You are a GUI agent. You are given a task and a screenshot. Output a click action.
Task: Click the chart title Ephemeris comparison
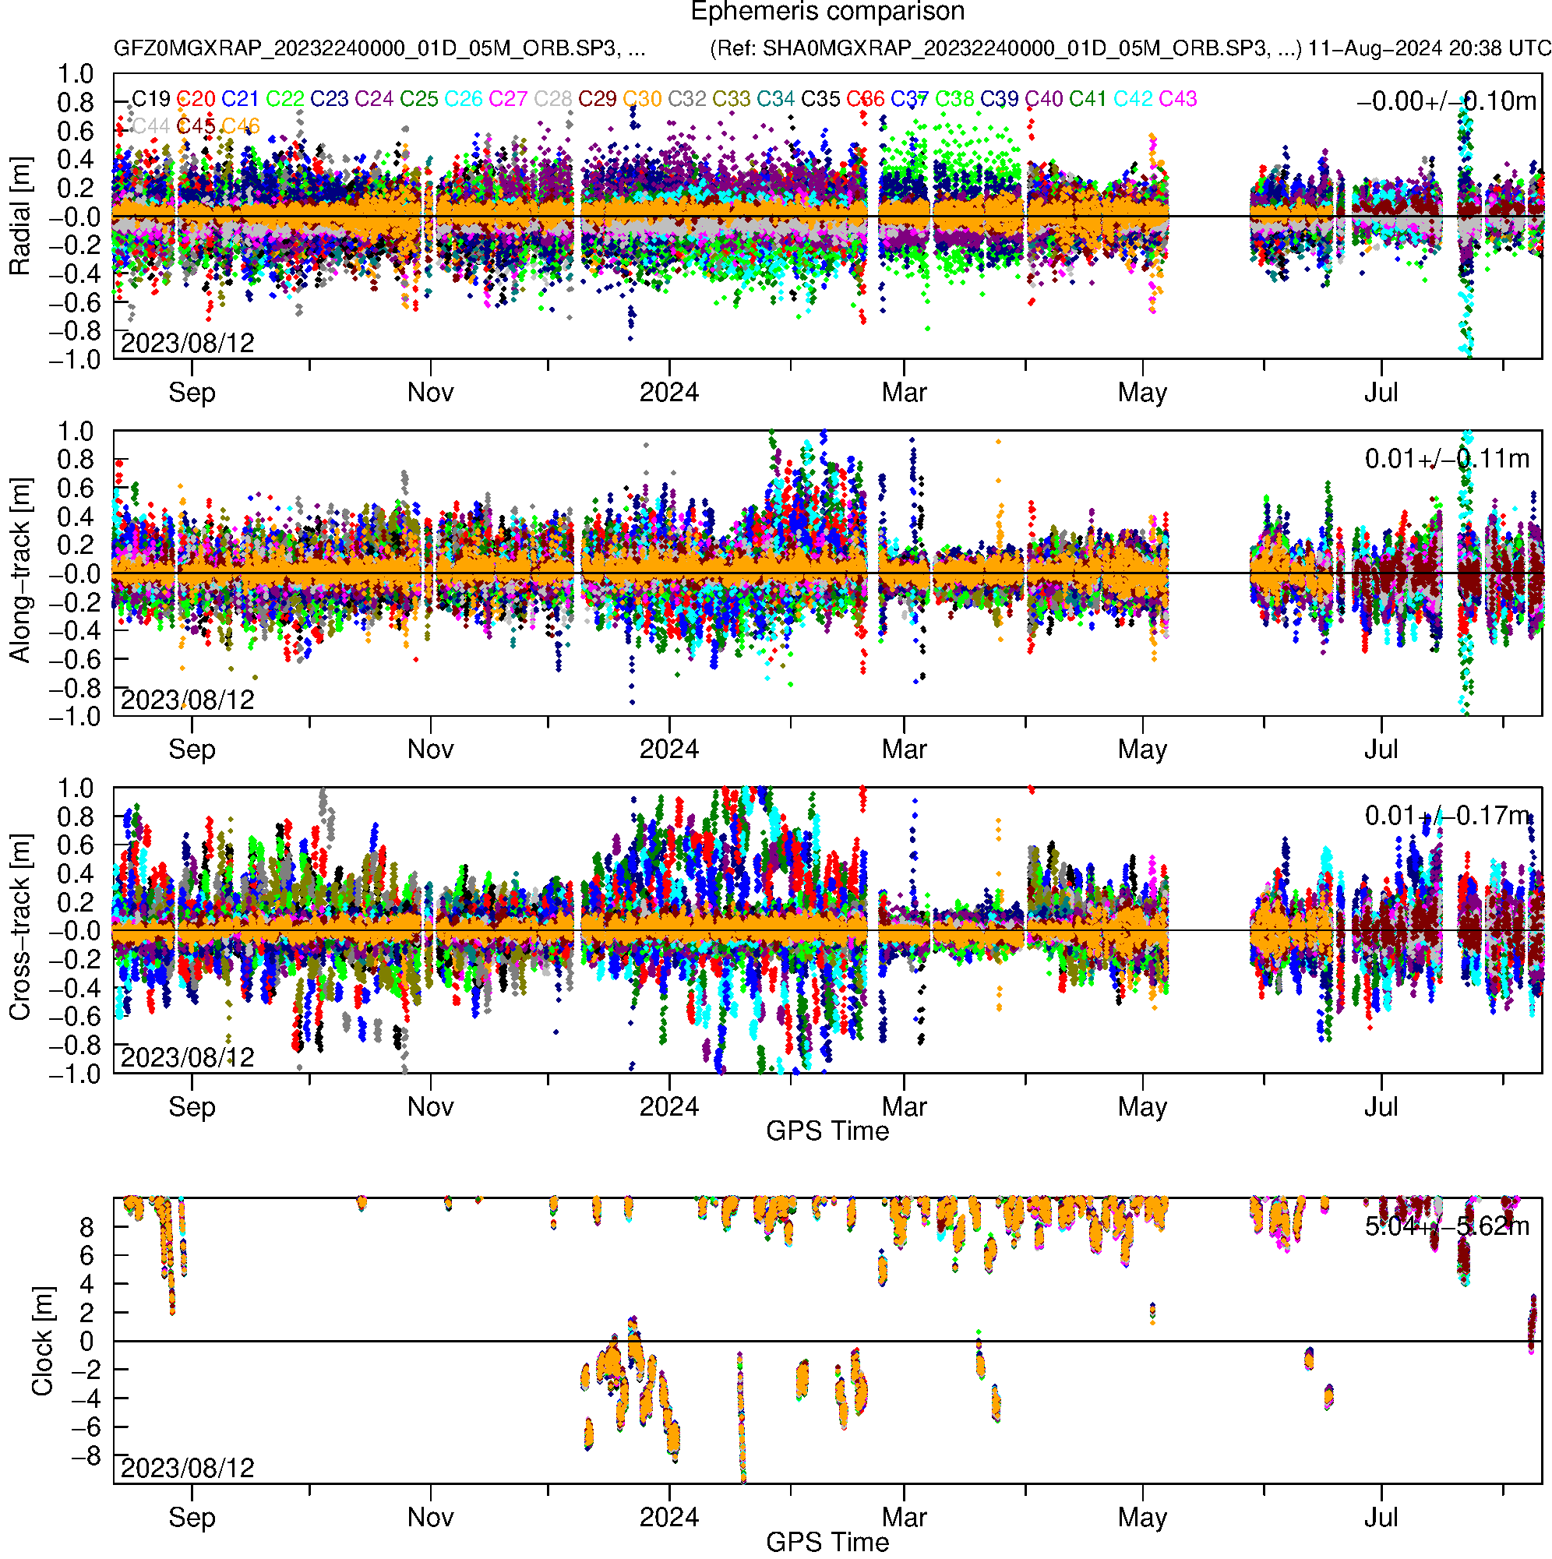(827, 12)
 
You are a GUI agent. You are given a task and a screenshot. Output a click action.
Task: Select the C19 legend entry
(151, 99)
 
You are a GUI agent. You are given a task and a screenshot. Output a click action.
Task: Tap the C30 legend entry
(643, 99)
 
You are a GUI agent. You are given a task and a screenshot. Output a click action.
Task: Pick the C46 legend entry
(241, 127)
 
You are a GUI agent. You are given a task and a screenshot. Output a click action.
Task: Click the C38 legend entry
(954, 99)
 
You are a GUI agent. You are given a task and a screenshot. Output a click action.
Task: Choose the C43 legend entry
(1177, 99)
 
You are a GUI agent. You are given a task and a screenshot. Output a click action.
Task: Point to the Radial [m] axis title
(20, 217)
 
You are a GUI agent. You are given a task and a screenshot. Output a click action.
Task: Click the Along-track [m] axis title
(20, 571)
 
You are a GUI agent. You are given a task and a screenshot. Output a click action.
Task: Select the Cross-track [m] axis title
(20, 928)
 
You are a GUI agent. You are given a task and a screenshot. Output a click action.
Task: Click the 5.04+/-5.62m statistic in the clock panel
(1446, 1226)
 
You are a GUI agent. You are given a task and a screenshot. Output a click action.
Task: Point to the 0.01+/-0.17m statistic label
(1446, 816)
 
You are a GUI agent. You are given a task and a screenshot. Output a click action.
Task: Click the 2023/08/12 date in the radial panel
(187, 343)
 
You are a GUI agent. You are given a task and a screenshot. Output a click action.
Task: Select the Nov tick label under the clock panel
(430, 1517)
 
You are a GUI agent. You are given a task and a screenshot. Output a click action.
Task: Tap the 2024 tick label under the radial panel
(669, 393)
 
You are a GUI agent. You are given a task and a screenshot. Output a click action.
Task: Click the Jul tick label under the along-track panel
(1381, 750)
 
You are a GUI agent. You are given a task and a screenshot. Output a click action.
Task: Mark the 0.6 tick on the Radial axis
(75, 132)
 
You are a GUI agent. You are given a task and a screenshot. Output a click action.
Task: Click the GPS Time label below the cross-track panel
(827, 1131)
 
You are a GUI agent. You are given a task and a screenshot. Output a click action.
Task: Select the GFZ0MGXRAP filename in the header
(379, 48)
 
